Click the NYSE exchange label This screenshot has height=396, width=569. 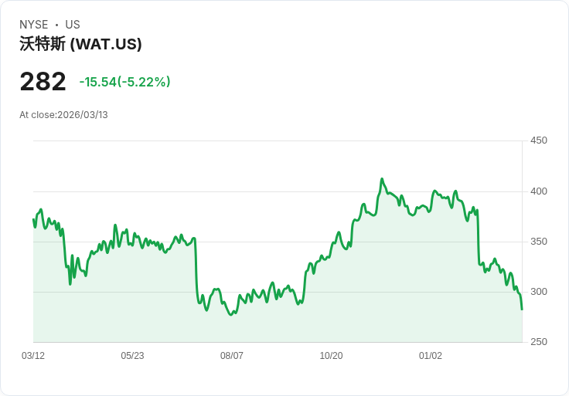(x=33, y=25)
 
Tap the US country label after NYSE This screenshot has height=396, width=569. (x=73, y=25)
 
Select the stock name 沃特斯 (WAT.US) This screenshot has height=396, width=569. (x=80, y=44)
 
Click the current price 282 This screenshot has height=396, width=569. (x=43, y=82)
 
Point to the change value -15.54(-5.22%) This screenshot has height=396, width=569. (x=124, y=82)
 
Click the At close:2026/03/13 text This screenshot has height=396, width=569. (x=63, y=115)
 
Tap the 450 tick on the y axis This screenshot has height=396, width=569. (x=538, y=140)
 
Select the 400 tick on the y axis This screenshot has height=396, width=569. (x=538, y=191)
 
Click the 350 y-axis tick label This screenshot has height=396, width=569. (x=538, y=242)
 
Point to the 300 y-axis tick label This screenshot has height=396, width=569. (x=538, y=292)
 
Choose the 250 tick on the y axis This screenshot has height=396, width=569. (x=538, y=342)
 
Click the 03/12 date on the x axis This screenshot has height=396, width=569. (x=33, y=356)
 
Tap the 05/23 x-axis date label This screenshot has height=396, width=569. (x=132, y=356)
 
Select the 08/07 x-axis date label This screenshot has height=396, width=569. (x=232, y=356)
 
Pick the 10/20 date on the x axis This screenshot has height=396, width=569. (x=331, y=356)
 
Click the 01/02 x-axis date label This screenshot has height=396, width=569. (x=431, y=356)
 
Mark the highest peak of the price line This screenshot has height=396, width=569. (x=382, y=179)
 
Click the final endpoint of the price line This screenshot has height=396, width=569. (x=522, y=310)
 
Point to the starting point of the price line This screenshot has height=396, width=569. (x=33, y=220)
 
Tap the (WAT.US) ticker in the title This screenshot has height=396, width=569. (x=106, y=44)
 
